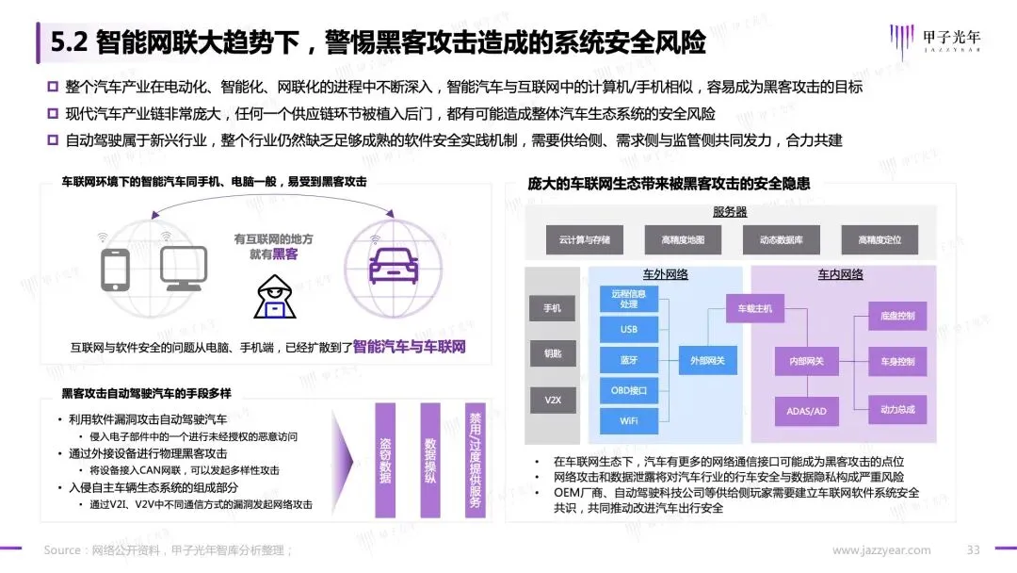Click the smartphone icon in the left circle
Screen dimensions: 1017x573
(115, 269)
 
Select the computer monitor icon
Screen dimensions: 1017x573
(183, 270)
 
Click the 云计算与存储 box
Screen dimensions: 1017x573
(584, 240)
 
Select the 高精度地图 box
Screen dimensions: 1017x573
(683, 240)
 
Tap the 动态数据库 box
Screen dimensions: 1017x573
(782, 240)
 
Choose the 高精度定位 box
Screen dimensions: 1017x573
(880, 240)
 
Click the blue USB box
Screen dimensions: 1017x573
(629, 330)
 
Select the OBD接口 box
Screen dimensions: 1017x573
(629, 389)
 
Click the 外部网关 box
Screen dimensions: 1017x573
(707, 360)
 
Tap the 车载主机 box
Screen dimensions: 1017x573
(754, 308)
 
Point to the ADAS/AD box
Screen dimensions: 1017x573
(806, 411)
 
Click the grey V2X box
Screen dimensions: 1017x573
(553, 400)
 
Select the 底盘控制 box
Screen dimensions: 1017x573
(897, 316)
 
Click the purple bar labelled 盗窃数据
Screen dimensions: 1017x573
(384, 460)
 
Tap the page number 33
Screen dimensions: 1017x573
(974, 550)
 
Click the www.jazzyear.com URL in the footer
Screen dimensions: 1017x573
(881, 550)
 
